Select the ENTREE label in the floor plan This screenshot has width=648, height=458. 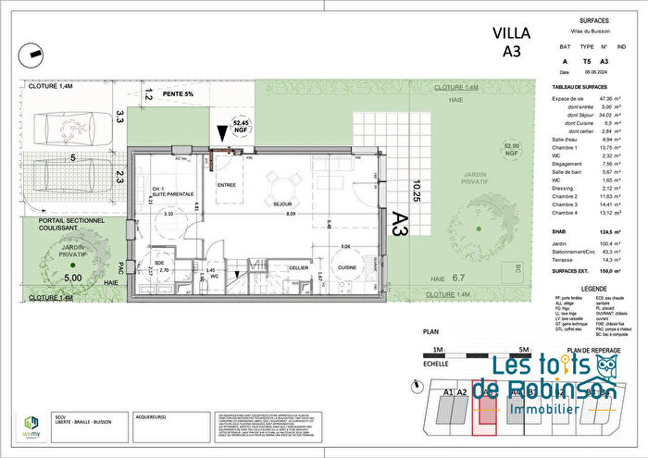pyautogui.click(x=228, y=184)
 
